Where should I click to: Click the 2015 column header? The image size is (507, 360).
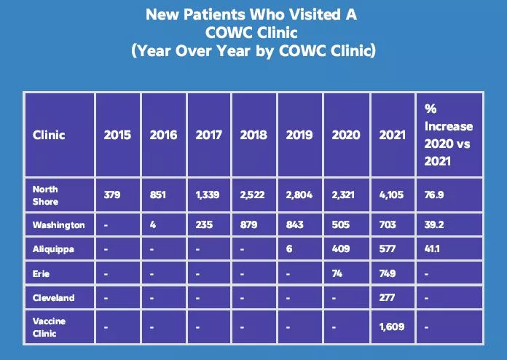[x=117, y=135]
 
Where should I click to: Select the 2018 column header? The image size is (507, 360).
[x=253, y=135]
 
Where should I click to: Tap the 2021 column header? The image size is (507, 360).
[x=393, y=135]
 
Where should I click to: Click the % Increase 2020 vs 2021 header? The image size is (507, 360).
[x=447, y=135]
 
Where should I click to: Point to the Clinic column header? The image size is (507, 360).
[x=49, y=135]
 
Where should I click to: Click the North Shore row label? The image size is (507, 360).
[x=45, y=195]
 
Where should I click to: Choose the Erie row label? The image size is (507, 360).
[x=42, y=273]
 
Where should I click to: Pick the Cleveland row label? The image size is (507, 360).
[x=54, y=297]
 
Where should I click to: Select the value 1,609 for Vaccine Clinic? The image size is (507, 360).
[x=393, y=326]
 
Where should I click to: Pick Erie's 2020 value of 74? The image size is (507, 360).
[x=337, y=273]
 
